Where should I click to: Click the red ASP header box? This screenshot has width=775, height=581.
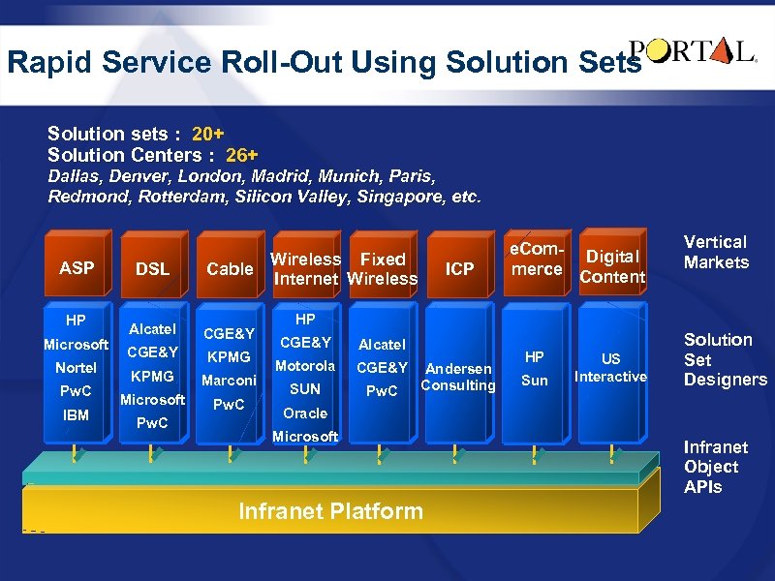coord(77,267)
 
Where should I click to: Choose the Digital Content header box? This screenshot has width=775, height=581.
coord(612,266)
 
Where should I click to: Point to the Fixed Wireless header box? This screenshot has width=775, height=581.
coord(383,268)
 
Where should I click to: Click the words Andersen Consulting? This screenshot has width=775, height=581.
coord(459,377)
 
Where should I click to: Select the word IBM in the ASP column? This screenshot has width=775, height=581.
coord(77,415)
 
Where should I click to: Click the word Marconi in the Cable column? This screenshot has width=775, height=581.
coord(230,380)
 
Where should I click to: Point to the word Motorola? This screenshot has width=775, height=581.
coord(305,365)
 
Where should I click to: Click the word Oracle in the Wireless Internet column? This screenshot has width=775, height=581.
coord(305,413)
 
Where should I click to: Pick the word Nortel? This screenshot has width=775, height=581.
coord(77,368)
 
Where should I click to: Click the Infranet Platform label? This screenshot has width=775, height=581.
coord(330,511)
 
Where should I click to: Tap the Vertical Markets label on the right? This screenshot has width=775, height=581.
coord(716,252)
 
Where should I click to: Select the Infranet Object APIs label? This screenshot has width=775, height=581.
coord(716,467)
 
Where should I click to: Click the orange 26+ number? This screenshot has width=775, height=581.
coord(241,155)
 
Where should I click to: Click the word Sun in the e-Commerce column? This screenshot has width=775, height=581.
coord(535,381)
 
